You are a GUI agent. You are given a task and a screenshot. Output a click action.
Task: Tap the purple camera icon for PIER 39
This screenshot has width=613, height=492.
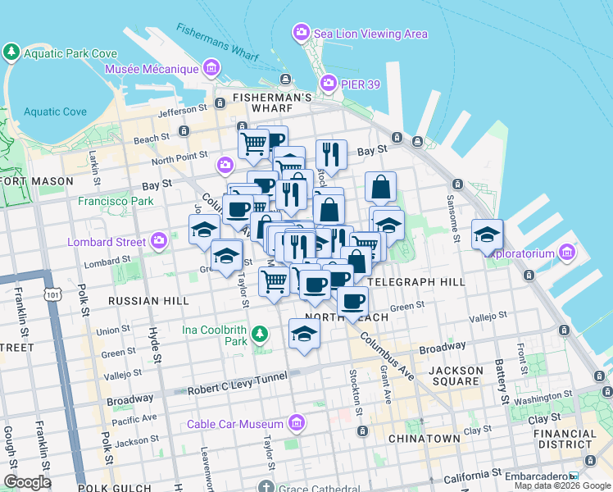click(x=329, y=83)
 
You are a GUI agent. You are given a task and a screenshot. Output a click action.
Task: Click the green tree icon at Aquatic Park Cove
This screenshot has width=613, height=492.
click(x=11, y=53)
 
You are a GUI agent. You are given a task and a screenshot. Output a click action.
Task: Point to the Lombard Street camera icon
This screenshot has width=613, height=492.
click(x=159, y=241)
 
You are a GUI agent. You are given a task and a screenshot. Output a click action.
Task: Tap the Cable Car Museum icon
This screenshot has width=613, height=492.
click(x=297, y=423)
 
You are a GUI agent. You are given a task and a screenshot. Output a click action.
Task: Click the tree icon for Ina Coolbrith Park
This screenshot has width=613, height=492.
click(x=259, y=334)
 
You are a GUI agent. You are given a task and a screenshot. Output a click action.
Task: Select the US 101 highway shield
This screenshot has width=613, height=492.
click(x=52, y=295)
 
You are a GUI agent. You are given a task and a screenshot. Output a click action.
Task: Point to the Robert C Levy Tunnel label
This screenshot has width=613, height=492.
click(x=238, y=376)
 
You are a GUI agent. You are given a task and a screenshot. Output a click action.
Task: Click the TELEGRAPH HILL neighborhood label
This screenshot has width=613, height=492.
click(x=417, y=281)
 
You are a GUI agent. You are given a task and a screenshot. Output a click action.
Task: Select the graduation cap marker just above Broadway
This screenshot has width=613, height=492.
click(x=304, y=334)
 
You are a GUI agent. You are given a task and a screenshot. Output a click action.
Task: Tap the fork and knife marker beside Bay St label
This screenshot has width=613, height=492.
click(x=331, y=153)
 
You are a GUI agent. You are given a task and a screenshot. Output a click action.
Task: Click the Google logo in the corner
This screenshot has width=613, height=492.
click(x=27, y=481)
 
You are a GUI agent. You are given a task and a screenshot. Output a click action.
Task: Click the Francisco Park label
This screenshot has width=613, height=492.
click(x=116, y=201)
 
